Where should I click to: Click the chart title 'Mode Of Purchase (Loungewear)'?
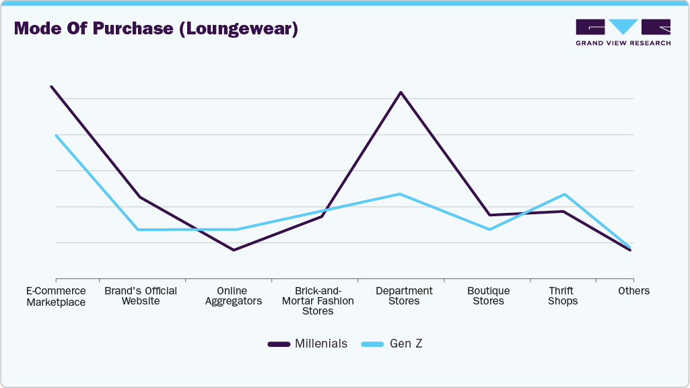point(156,29)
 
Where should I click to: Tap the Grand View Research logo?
point(623,32)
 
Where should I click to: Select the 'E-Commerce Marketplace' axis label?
point(56,296)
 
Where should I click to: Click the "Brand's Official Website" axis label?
point(141,296)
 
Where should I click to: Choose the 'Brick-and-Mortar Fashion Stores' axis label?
point(318,301)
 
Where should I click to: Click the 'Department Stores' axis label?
point(404,296)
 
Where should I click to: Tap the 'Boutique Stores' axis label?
point(488,296)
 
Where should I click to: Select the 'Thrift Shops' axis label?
point(562,296)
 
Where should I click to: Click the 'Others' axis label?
point(633,291)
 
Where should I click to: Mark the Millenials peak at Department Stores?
point(401,92)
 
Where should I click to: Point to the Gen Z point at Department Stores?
point(401,194)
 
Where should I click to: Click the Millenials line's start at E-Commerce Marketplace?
point(51,87)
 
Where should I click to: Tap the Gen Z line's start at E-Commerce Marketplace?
point(56,135)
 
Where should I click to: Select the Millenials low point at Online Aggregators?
point(234,250)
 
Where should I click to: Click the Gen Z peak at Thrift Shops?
point(564,194)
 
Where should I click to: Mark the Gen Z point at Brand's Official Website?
point(139,230)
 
